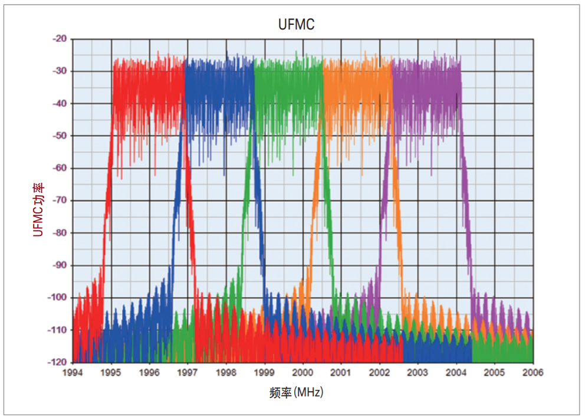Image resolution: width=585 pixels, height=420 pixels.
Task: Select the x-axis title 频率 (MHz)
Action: tap(296, 392)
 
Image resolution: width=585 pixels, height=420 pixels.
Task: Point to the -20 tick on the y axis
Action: tap(61, 39)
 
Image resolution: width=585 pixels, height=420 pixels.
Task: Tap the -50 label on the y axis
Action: tap(61, 136)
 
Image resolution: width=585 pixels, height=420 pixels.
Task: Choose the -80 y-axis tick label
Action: tap(61, 233)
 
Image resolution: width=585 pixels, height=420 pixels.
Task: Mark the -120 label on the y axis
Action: tap(59, 362)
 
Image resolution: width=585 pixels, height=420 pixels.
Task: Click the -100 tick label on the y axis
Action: tap(59, 297)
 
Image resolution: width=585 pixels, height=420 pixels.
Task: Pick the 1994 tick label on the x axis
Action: tap(73, 373)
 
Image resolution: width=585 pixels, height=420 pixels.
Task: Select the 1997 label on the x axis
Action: tap(188, 373)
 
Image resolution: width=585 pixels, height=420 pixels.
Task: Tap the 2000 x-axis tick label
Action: tap(303, 373)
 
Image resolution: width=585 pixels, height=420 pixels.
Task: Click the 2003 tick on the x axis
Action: tap(418, 373)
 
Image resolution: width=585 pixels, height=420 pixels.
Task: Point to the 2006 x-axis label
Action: tap(533, 373)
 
